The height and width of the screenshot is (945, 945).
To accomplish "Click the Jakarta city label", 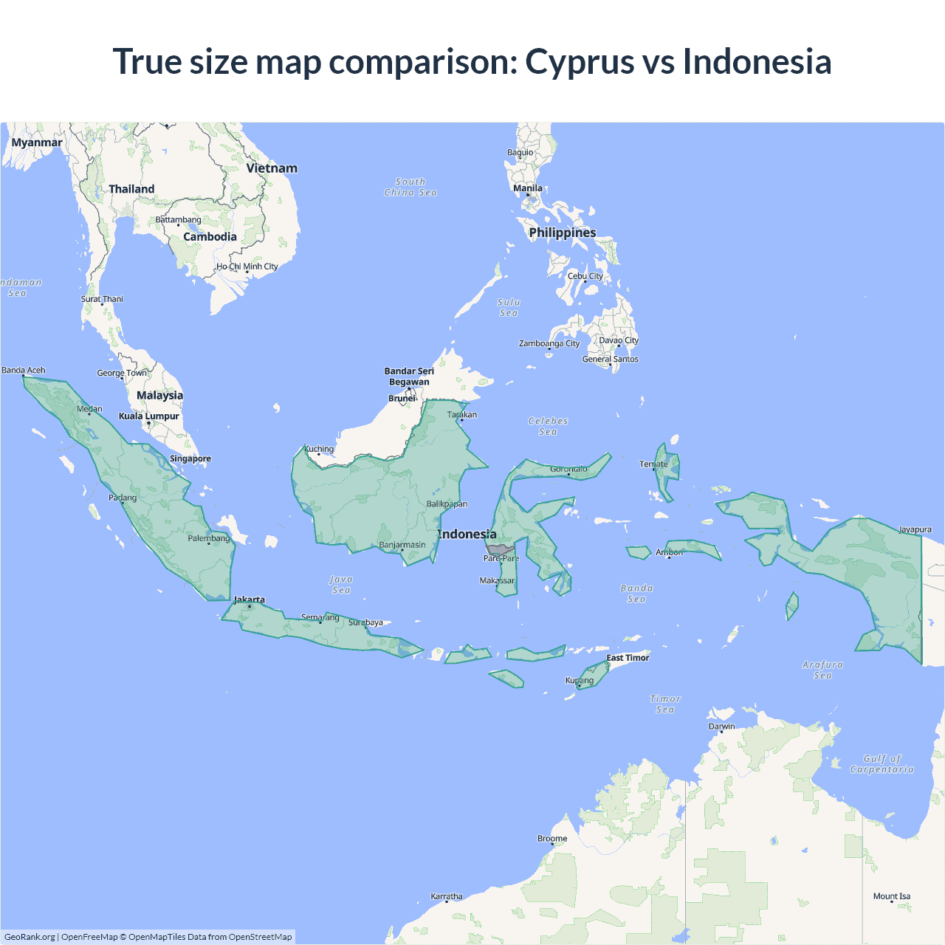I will (250, 599).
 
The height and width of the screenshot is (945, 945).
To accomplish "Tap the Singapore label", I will (190, 458).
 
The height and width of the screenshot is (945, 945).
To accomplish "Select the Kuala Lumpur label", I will (149, 416).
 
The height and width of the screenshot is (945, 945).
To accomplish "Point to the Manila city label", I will (528, 188).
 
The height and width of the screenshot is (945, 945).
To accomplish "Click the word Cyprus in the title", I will (580, 61).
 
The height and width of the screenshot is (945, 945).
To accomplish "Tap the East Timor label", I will (628, 658).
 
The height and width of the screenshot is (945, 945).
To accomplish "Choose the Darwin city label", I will (722, 726).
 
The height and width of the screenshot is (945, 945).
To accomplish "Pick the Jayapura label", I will (915, 529).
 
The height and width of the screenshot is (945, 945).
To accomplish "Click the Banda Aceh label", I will (24, 371).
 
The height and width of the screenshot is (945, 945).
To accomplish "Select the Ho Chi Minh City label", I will (247, 267).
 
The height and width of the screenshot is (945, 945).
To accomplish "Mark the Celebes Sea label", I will (548, 426).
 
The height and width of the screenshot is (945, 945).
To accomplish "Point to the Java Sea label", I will (341, 585).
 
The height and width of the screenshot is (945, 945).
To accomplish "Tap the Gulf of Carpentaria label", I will (882, 763).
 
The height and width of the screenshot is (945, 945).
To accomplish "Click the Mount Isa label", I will (892, 896).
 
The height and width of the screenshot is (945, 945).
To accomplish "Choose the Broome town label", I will (552, 839).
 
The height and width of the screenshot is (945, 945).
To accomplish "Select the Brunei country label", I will (402, 399).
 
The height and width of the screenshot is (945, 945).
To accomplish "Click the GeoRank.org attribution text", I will (30, 937).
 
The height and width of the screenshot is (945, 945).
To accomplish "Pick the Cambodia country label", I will (210, 237).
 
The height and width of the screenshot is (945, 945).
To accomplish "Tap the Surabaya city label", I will (365, 622).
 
